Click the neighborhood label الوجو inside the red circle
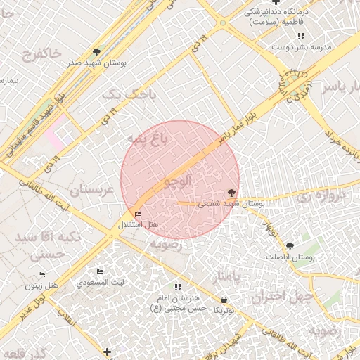177,181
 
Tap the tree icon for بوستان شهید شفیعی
231,191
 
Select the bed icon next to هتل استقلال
138,214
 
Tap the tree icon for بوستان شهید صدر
96,52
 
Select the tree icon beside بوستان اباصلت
290,245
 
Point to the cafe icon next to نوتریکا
224,299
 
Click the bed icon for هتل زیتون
41,274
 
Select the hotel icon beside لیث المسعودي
100,271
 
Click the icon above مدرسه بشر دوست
301,35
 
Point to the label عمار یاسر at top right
340,86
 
